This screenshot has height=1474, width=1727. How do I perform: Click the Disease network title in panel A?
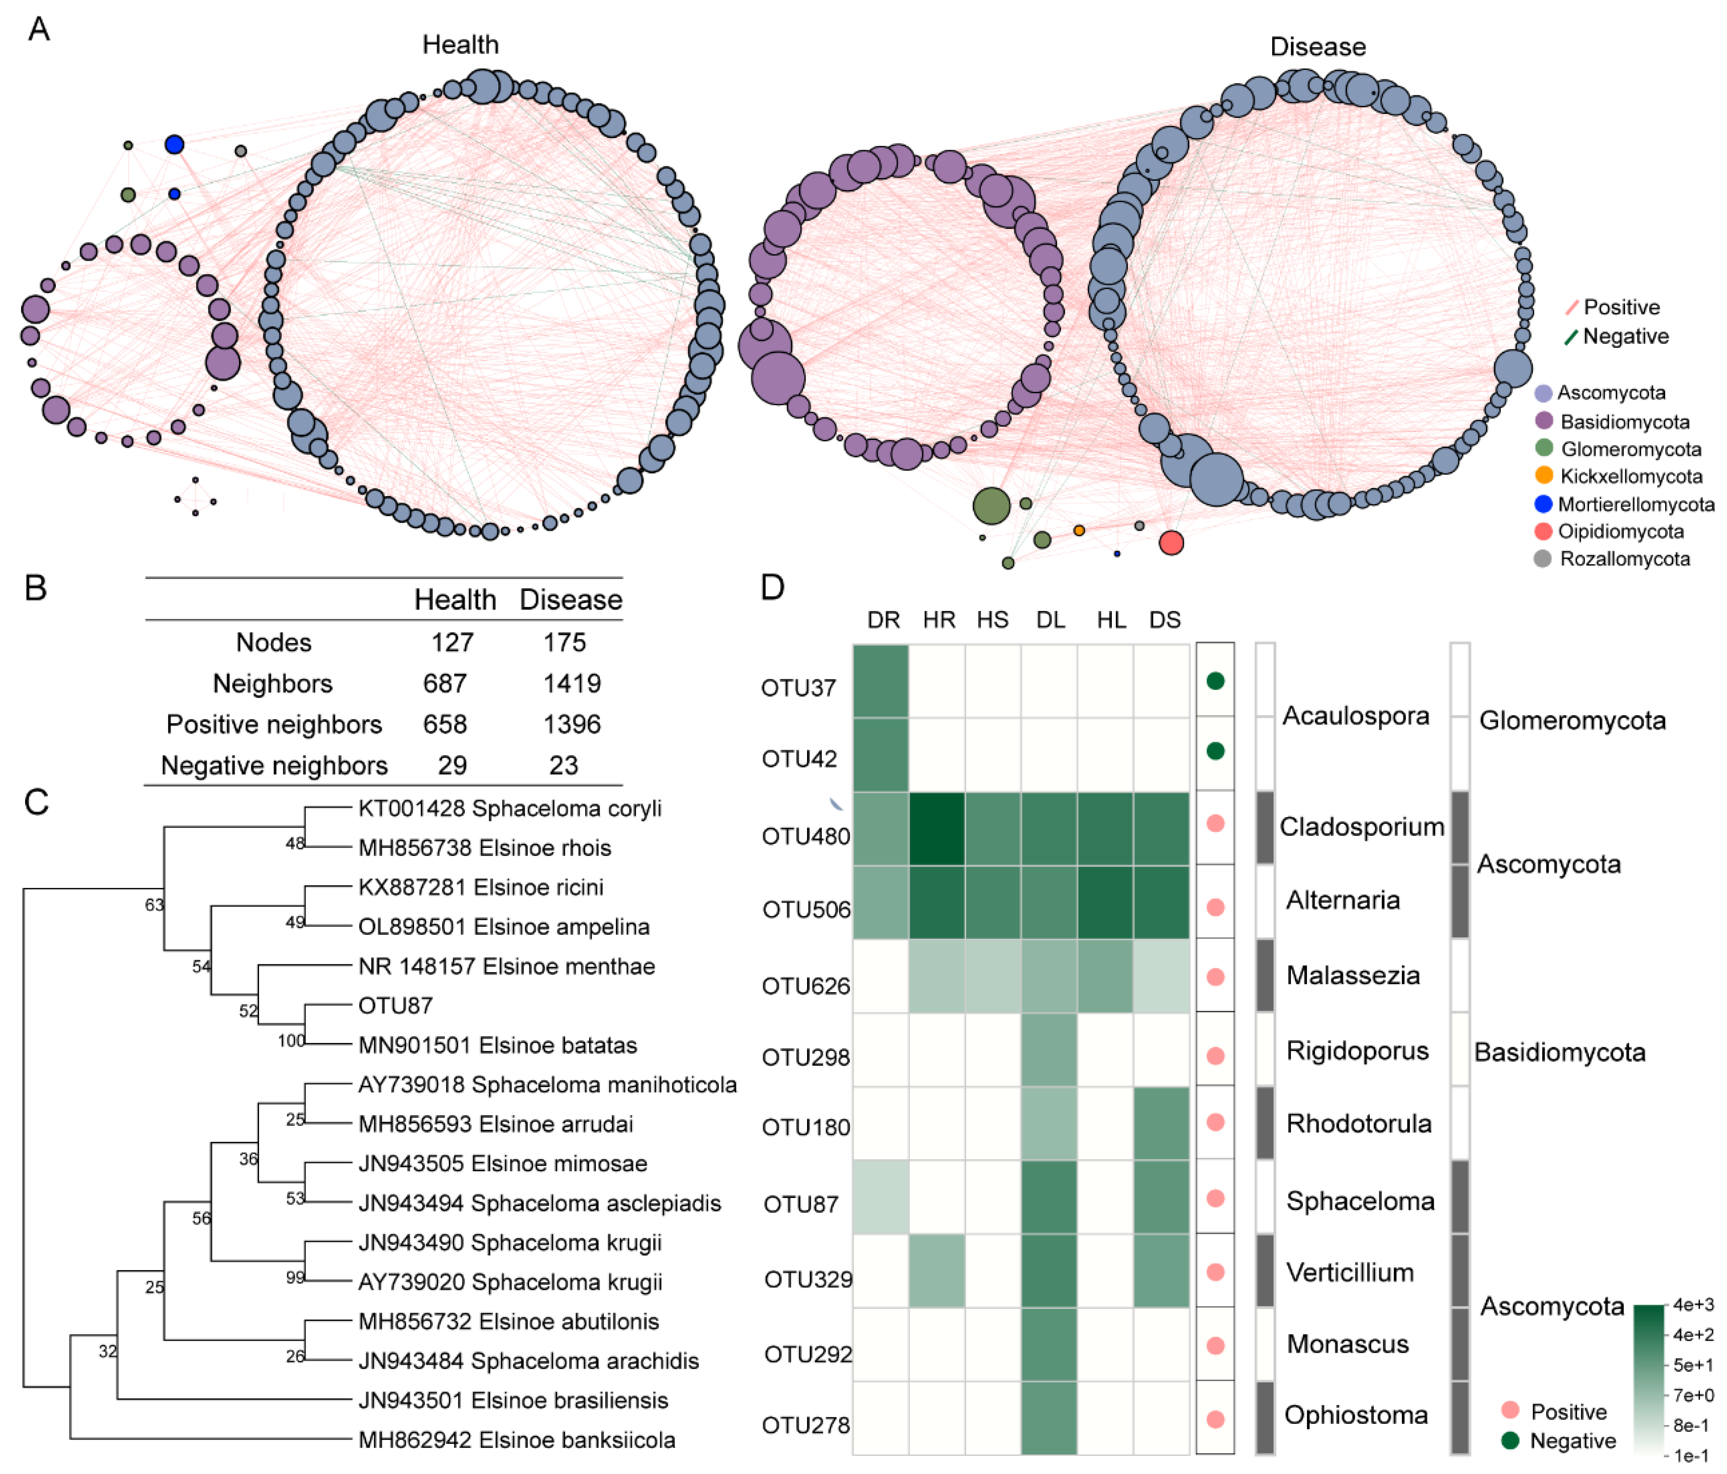point(1318,47)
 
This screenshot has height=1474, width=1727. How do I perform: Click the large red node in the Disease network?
point(1171,542)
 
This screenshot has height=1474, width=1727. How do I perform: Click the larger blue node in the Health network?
point(174,144)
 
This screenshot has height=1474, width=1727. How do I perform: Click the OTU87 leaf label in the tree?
point(395,1006)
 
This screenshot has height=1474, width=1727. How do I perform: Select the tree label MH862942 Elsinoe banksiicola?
point(516,1440)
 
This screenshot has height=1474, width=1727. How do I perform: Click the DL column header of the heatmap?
point(1050,620)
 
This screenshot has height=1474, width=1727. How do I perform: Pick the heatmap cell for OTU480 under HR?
point(937,829)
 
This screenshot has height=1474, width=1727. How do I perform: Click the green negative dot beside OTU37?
point(1215,681)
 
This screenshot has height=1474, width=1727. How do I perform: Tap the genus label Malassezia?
point(1353,975)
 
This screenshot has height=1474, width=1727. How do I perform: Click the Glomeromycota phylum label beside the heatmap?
point(1572,721)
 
